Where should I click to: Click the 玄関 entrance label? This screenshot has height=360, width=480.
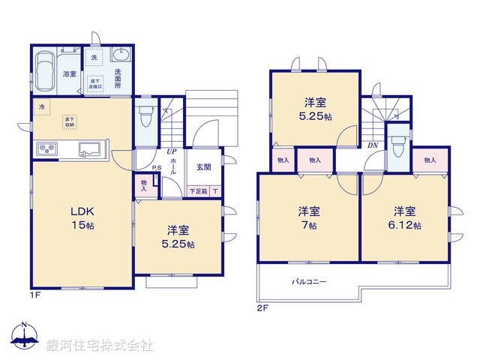(x=204, y=166)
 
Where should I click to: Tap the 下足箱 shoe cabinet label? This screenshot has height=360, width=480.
(x=197, y=191)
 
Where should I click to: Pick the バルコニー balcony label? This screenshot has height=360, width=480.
(x=309, y=283)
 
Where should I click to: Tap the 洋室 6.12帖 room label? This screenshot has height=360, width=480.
(x=405, y=217)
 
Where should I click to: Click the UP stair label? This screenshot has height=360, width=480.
(x=172, y=151)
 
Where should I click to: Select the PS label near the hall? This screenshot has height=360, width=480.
(x=156, y=168)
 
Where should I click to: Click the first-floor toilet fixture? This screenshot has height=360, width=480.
(x=145, y=116)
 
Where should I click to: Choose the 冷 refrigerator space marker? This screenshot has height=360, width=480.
(x=41, y=107)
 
